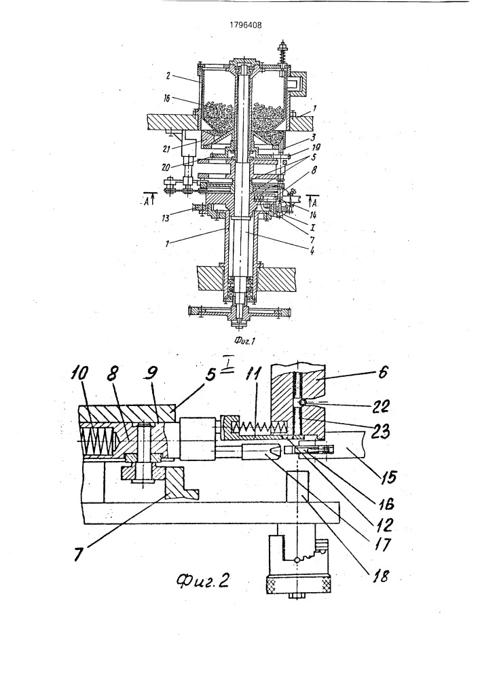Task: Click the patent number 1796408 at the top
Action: (x=245, y=25)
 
